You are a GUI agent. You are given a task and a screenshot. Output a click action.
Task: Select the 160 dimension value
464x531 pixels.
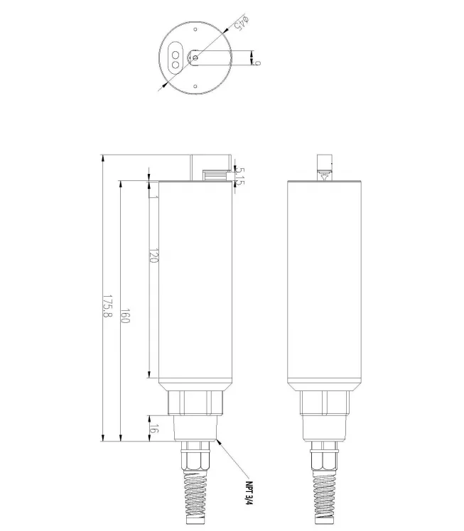pos(125,316)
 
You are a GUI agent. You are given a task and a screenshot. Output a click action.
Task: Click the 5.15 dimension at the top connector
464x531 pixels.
pos(240,177)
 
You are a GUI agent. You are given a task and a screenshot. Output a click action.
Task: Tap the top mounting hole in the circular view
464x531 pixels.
pos(195,30)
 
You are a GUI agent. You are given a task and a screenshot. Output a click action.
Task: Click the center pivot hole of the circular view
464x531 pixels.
pos(196,58)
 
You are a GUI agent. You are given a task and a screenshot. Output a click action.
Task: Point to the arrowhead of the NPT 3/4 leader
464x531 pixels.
pos(218,440)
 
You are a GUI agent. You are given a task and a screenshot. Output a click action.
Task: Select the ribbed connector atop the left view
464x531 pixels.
pos(213,173)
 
